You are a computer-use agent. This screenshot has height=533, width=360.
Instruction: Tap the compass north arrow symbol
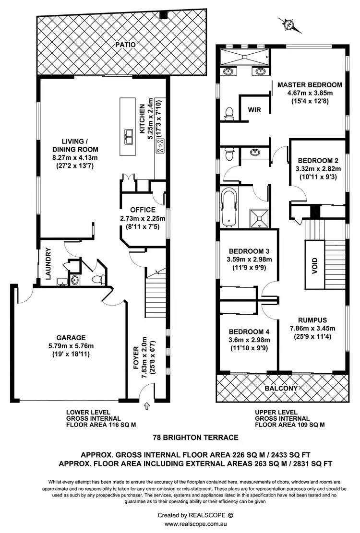tap(288, 24)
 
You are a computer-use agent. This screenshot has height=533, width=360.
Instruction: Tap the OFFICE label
tap(143, 210)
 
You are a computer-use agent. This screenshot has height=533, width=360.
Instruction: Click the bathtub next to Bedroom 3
tap(230, 207)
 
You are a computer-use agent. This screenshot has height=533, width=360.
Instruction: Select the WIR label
tap(254, 109)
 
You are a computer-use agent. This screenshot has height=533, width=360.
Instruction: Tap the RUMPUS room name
tap(312, 320)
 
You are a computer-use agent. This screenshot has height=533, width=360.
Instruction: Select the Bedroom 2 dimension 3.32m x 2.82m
tap(319, 168)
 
